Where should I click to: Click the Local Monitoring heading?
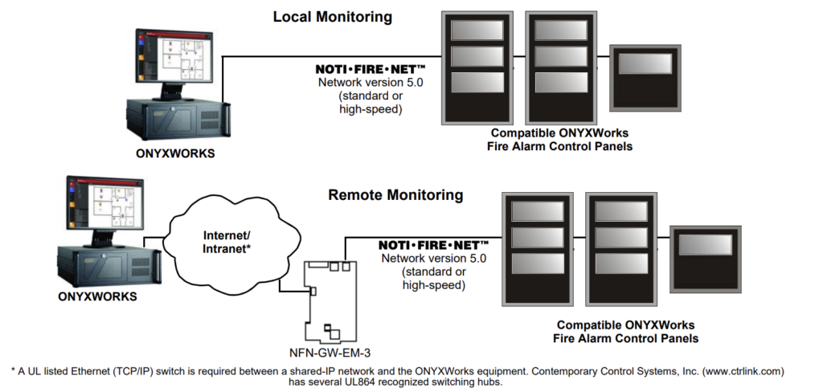point(332,16)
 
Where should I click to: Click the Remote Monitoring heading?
point(395,194)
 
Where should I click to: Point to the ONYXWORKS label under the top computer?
point(175,153)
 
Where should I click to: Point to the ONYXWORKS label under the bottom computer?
point(97,296)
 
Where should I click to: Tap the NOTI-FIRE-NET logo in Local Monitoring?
point(369,70)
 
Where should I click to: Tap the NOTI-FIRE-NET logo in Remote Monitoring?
point(433,243)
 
